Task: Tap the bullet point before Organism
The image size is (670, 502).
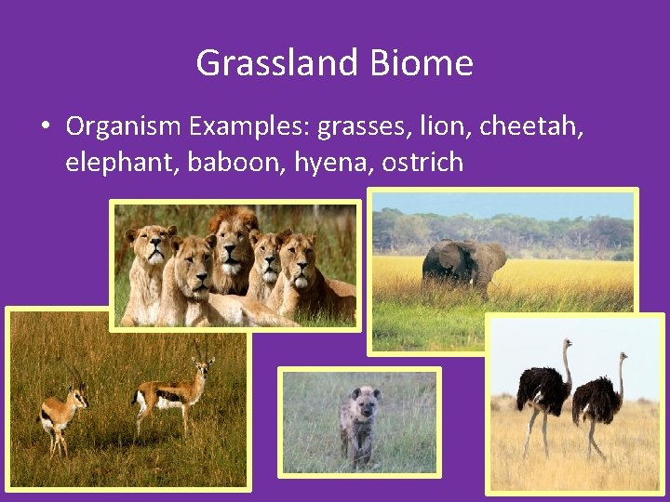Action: coord(45,126)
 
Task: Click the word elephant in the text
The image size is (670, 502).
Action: coord(122,163)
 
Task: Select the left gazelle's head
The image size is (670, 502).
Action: coord(76,395)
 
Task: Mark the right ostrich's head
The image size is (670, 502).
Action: coord(623,357)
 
